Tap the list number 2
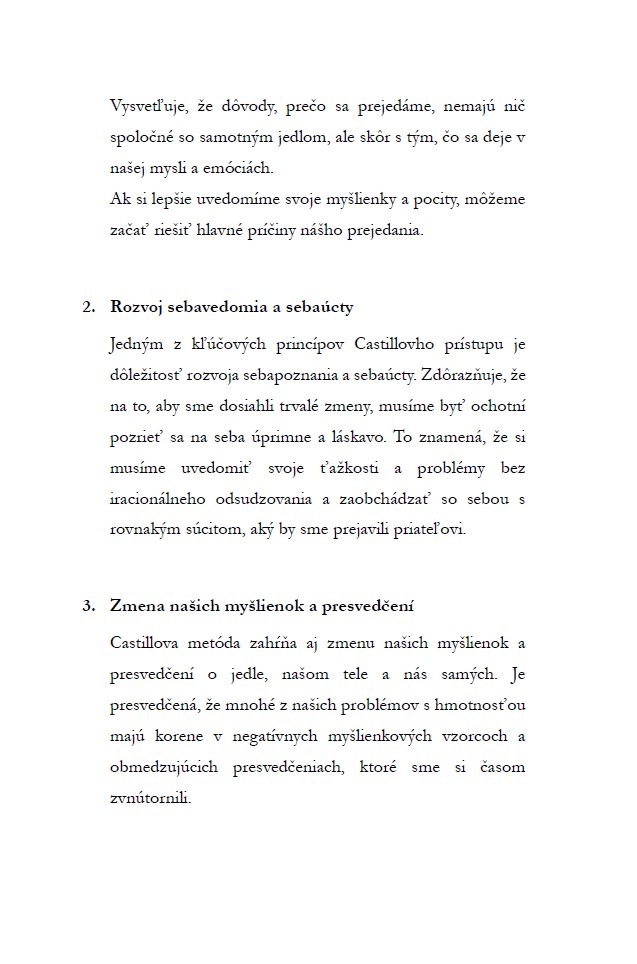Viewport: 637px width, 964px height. coord(87,307)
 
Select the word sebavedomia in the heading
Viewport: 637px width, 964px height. coord(219,307)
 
